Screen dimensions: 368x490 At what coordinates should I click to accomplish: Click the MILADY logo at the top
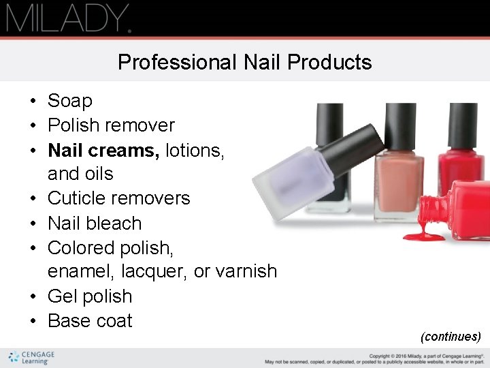68,18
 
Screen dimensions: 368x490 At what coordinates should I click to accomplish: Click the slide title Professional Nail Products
244,62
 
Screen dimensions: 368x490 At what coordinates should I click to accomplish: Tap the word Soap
69,101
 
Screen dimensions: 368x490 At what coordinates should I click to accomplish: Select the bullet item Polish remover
111,125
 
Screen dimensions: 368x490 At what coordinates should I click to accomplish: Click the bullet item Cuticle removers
118,198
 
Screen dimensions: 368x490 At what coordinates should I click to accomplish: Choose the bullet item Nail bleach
94,223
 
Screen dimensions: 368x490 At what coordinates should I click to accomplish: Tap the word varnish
246,271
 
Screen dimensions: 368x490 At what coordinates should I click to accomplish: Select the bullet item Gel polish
89,296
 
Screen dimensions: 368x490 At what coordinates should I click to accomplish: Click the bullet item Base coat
90,321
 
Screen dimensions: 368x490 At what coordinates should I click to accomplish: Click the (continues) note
451,337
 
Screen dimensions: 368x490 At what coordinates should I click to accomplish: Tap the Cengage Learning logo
31,358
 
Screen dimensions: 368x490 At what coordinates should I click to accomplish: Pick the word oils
98,174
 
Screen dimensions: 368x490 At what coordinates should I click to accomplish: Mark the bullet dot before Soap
32,102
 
